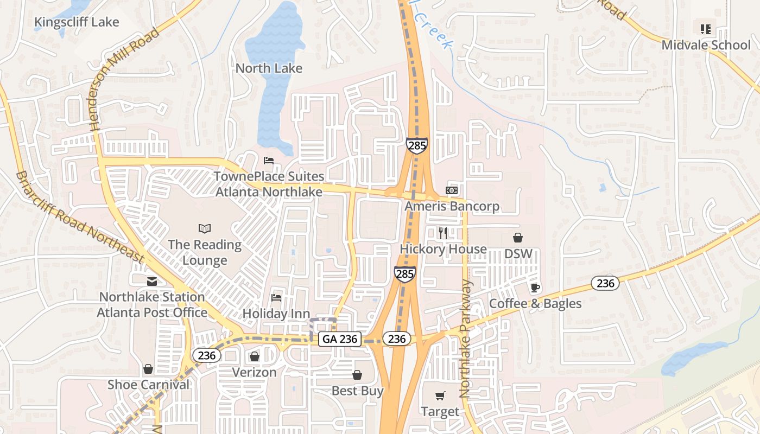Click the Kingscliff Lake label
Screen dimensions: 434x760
(x=77, y=22)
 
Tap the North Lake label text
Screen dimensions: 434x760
(x=269, y=68)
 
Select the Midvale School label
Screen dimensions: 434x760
(x=706, y=44)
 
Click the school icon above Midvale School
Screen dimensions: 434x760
(x=706, y=29)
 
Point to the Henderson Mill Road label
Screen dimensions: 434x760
(x=126, y=79)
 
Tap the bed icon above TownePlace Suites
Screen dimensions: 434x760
(x=269, y=161)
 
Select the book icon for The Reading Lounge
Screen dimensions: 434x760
(x=205, y=228)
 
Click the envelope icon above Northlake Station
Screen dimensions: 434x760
(x=151, y=281)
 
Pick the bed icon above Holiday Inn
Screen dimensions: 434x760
(x=276, y=297)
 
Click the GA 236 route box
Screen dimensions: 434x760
(x=340, y=339)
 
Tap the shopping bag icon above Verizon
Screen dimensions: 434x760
(x=254, y=356)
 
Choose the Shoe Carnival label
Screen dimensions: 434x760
(x=149, y=385)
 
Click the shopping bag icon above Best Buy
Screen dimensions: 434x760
(x=357, y=375)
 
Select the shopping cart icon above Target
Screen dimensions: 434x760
(x=440, y=396)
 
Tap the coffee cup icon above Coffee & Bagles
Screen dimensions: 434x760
(x=535, y=288)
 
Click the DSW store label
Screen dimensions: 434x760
(x=518, y=254)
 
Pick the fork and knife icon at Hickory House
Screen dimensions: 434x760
(x=443, y=233)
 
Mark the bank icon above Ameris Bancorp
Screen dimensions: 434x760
(x=452, y=190)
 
